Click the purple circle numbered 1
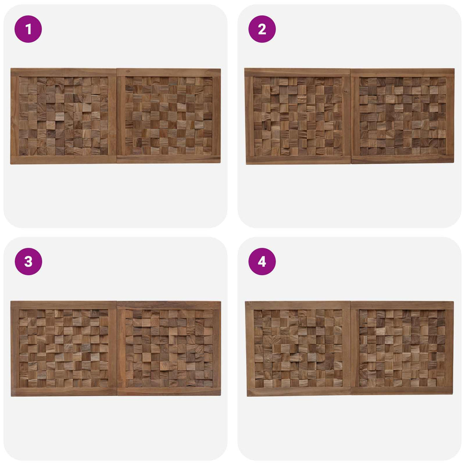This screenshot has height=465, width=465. [28, 29]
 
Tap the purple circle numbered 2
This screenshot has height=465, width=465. [262, 29]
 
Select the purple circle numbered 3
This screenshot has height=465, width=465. [28, 262]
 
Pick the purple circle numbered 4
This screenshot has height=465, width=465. [262, 262]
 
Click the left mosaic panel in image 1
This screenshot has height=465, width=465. [63, 116]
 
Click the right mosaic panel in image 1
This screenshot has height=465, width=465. [169, 116]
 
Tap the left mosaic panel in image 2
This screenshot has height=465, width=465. [298, 116]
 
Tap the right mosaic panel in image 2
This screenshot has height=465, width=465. [403, 116]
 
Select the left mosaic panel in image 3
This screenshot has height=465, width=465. [64, 349]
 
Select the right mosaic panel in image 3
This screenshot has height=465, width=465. [169, 348]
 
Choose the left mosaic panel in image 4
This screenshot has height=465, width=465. [298, 349]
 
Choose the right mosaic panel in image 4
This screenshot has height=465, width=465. [403, 348]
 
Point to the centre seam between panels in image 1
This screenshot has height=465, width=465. [117, 116]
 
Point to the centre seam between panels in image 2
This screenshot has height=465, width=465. [351, 116]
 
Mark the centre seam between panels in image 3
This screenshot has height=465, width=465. [117, 349]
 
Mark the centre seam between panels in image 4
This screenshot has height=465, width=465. [351, 348]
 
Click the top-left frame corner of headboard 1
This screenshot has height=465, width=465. [11, 68]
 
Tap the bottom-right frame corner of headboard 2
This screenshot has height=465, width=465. [454, 163]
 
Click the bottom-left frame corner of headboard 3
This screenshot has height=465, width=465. [11, 396]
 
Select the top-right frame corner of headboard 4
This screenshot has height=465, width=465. [453, 302]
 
